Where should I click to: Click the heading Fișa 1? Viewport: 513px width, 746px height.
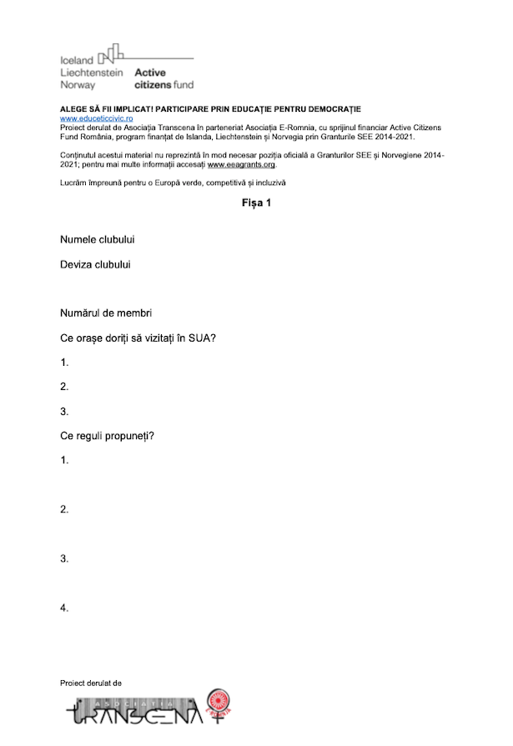point(256,203)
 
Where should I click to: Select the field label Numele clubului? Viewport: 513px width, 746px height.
point(98,240)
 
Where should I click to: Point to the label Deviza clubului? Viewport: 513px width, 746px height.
point(95,265)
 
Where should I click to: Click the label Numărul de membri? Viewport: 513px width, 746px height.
point(105,313)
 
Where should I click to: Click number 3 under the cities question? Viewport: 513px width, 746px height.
point(64,412)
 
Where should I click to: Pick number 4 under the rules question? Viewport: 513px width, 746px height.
point(64,608)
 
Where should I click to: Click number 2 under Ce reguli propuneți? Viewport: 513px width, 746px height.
point(64,509)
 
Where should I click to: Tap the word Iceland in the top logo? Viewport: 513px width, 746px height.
point(77,61)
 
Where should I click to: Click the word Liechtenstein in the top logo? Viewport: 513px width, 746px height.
point(92,73)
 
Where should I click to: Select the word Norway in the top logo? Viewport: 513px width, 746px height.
point(78,85)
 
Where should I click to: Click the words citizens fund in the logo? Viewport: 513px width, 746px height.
point(163,85)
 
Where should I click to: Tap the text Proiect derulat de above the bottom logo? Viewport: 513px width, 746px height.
point(91,683)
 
